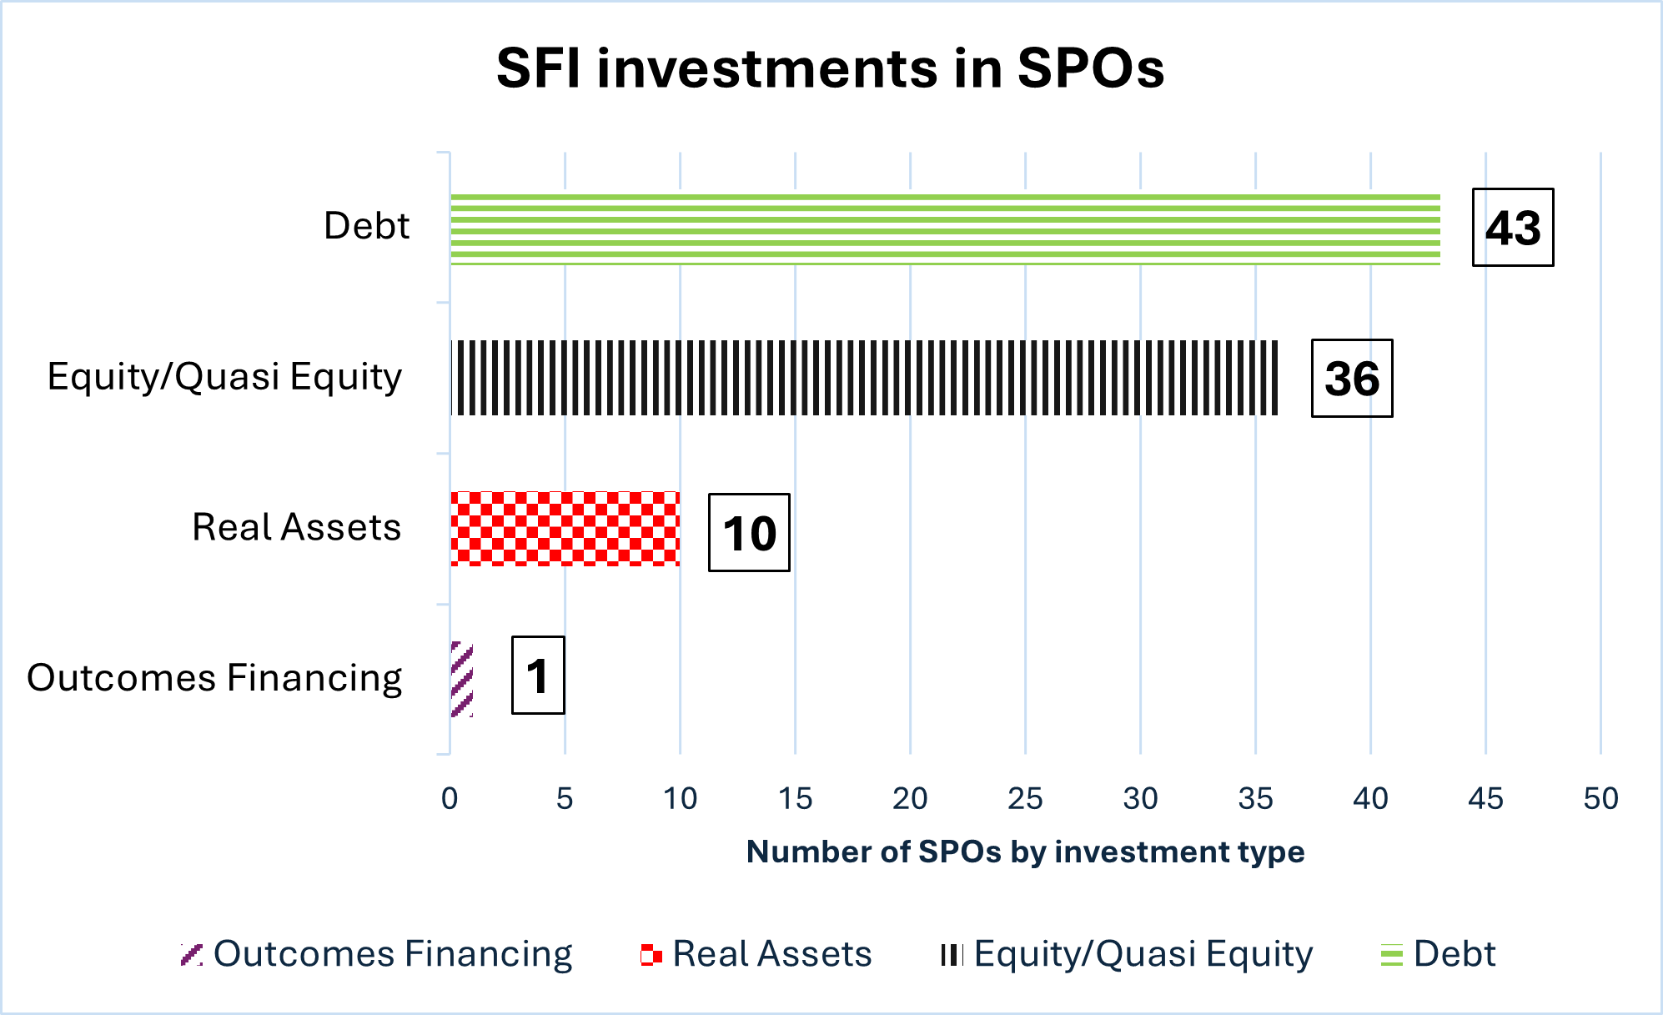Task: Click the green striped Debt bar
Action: [x=945, y=229]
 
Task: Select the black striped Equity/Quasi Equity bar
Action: [x=864, y=378]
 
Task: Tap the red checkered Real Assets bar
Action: [x=565, y=529]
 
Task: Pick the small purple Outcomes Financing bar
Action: [x=462, y=679]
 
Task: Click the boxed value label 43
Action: [x=1513, y=228]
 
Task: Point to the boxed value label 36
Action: [x=1352, y=379]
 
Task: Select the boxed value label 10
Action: [x=749, y=533]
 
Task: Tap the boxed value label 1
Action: [x=538, y=676]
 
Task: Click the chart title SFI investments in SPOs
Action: [x=830, y=68]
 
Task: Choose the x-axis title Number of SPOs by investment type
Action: [x=1025, y=852]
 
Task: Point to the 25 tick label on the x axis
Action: [x=1025, y=799]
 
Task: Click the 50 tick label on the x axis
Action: [x=1600, y=799]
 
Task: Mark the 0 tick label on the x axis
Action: [x=450, y=799]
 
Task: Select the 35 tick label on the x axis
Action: [x=1255, y=799]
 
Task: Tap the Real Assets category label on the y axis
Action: [x=297, y=527]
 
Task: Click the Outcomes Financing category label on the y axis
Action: [x=215, y=677]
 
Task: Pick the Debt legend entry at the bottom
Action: [x=1439, y=954]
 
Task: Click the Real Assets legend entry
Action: [x=756, y=954]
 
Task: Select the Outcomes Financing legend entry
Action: [x=377, y=954]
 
